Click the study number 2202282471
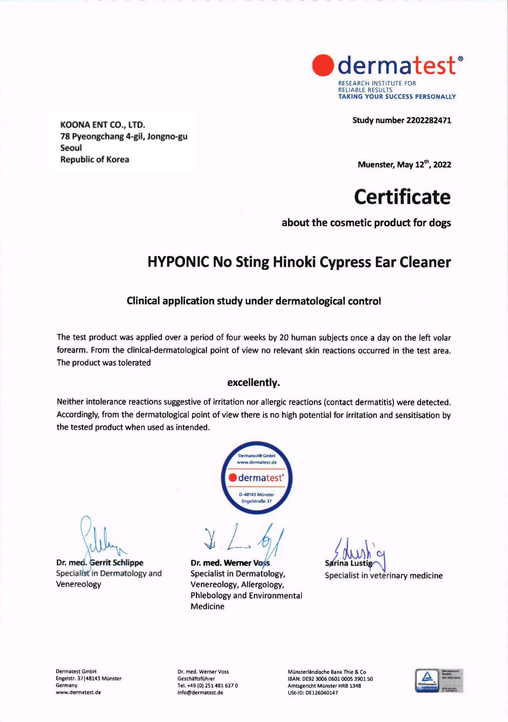(x=428, y=120)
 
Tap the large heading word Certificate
(x=402, y=197)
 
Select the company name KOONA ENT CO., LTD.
(x=102, y=125)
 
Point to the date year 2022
(x=442, y=165)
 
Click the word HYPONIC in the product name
(x=178, y=262)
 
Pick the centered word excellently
(x=253, y=383)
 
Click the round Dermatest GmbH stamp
(x=257, y=478)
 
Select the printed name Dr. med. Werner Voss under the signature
(x=230, y=563)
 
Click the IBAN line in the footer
(x=330, y=679)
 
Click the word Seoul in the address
(x=71, y=148)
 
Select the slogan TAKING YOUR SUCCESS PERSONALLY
(x=397, y=97)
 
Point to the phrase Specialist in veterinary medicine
(x=384, y=576)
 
